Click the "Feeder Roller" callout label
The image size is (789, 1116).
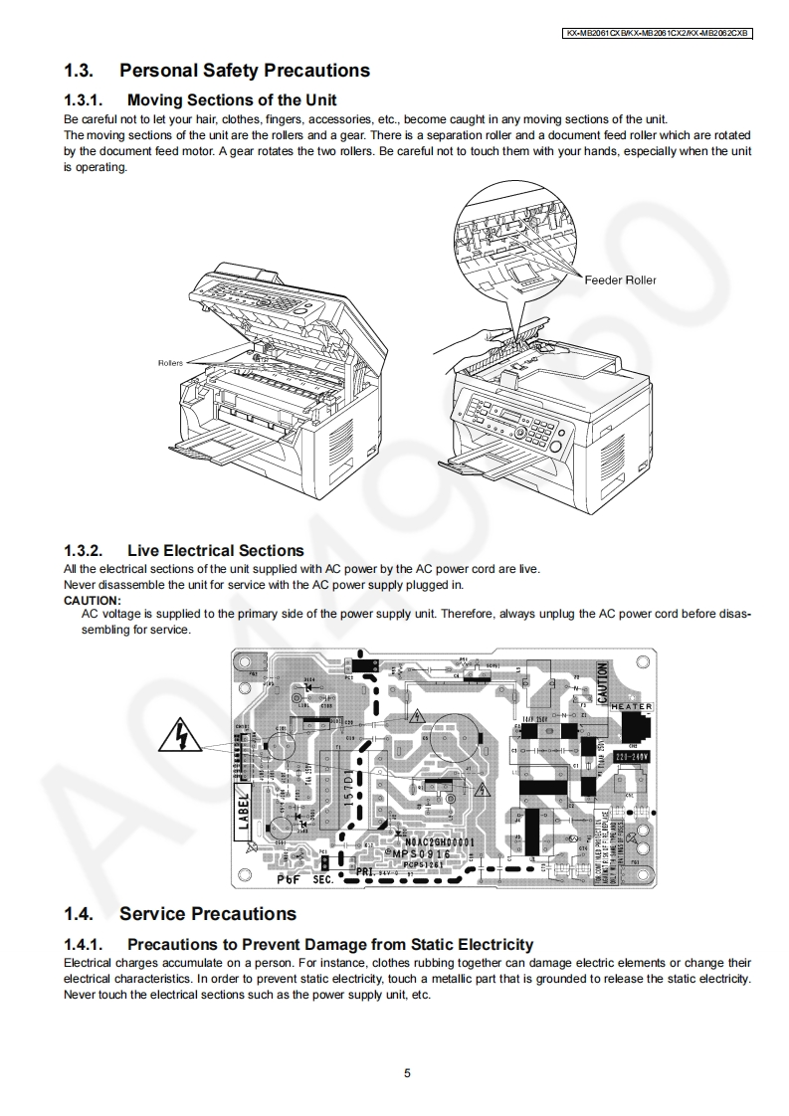(620, 280)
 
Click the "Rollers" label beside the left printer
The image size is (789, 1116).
(170, 363)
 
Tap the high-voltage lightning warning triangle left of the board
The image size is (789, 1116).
(181, 736)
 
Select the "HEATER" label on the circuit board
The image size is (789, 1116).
(631, 707)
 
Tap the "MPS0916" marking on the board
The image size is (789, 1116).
(421, 854)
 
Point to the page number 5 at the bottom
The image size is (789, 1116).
(407, 1072)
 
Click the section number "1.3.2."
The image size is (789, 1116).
(85, 550)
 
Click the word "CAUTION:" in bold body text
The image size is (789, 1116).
(92, 601)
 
